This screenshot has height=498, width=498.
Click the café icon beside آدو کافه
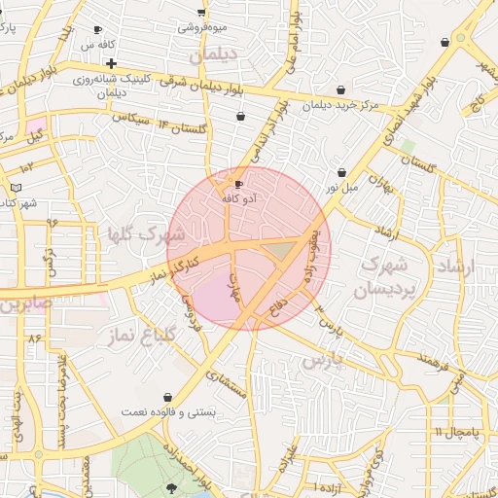239,184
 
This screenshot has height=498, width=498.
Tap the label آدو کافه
239,198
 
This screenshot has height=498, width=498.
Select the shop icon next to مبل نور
341,172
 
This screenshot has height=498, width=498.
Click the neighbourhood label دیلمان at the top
214,56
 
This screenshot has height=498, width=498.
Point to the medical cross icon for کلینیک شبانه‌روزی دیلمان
112,63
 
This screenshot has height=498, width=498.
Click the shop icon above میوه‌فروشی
201,13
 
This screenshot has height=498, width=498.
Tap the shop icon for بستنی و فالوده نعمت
170,398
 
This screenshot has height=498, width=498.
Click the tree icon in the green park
173,488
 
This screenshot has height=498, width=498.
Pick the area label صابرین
23,304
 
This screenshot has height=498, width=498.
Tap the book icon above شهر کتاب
16,187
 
